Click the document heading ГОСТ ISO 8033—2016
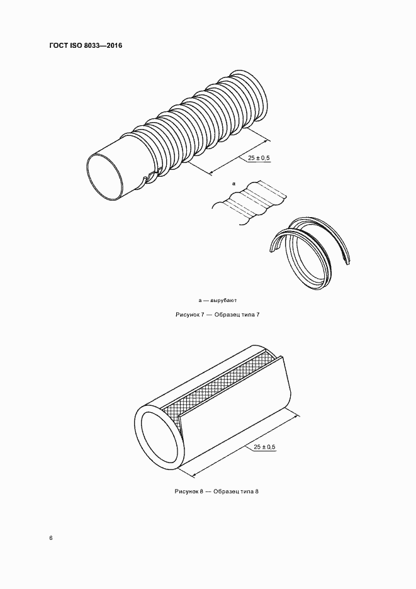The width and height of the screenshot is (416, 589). (86, 46)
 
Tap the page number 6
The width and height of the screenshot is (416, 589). (51, 538)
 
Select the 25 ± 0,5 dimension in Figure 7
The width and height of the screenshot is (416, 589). (259, 158)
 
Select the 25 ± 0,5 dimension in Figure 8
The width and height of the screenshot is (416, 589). (264, 447)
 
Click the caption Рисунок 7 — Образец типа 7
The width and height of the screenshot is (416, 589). (217, 315)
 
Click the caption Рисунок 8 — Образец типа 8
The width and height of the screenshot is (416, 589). (216, 491)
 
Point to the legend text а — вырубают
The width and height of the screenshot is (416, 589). (218, 300)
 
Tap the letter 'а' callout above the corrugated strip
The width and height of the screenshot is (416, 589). (233, 184)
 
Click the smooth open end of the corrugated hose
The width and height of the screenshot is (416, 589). (107, 176)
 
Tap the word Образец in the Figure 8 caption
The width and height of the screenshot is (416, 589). (227, 491)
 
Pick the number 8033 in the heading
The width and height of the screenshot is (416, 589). (94, 46)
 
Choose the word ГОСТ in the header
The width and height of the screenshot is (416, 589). (59, 46)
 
